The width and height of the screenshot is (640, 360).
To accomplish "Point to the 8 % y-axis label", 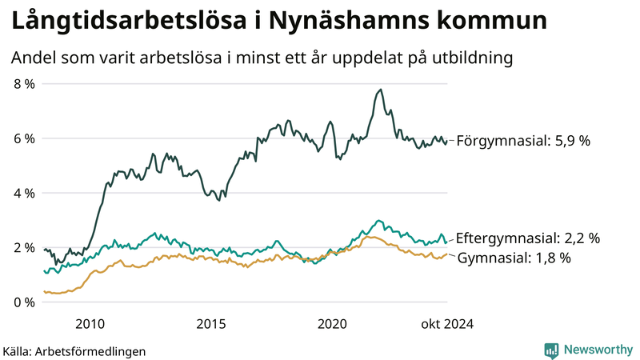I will click(x=24, y=84).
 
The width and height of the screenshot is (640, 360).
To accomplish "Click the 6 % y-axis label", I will click(x=24, y=138).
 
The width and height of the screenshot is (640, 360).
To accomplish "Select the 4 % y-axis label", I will click(x=24, y=193).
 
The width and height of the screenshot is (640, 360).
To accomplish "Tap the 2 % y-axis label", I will click(x=24, y=247).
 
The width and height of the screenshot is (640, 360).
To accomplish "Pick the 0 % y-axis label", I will click(x=24, y=302).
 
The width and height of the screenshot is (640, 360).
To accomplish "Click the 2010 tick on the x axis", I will click(x=90, y=324).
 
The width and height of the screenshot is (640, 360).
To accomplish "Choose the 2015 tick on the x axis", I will click(x=211, y=324).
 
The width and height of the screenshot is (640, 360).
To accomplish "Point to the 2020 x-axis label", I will click(x=333, y=324).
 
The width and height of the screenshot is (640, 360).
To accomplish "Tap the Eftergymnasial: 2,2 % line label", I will click(x=527, y=238).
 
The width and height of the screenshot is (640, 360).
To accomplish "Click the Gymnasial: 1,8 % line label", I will click(x=514, y=258).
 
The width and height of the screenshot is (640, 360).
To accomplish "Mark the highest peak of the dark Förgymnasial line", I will click(x=381, y=90).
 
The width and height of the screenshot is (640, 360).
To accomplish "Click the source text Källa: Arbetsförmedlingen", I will click(x=74, y=351).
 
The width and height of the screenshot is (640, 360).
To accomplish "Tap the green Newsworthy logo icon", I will click(x=551, y=350).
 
